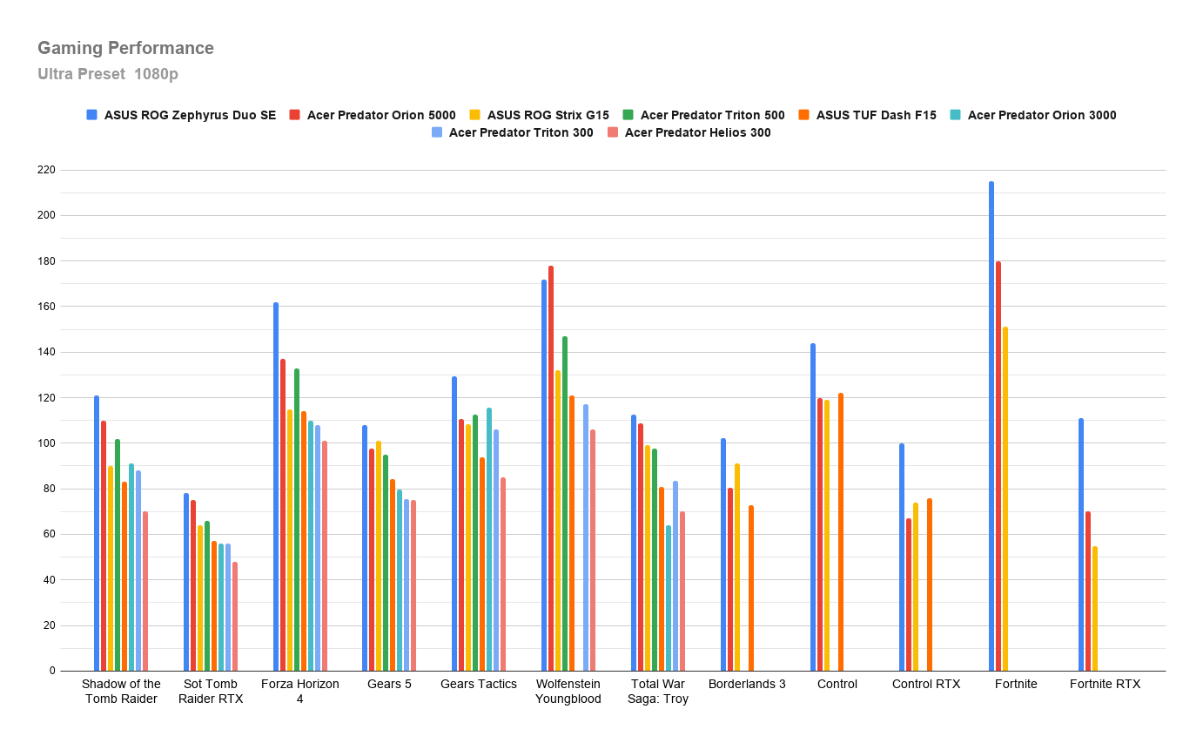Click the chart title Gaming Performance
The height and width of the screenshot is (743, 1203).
(x=125, y=48)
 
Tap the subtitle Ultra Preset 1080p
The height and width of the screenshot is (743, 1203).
(x=108, y=73)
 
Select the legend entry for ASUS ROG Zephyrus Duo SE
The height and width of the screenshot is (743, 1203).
(x=182, y=115)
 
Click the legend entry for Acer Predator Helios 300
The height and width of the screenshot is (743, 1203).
(x=689, y=132)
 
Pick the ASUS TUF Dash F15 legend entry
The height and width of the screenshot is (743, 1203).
(x=867, y=115)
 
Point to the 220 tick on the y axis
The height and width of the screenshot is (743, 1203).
(x=46, y=170)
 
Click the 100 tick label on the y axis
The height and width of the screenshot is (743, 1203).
(x=46, y=443)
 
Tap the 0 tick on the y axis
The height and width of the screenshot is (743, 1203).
(x=52, y=671)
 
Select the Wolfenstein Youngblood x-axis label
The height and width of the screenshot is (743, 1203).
(x=568, y=692)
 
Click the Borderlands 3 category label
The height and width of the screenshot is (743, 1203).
(x=747, y=684)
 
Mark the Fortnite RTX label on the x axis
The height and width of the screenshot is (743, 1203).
(x=1105, y=684)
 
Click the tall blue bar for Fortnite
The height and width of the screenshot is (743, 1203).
(x=991, y=426)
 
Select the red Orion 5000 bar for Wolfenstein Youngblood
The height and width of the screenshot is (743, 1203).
(x=551, y=469)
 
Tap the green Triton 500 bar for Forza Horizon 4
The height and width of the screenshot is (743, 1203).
(x=297, y=519)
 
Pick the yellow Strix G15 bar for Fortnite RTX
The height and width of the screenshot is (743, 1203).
(x=1094, y=609)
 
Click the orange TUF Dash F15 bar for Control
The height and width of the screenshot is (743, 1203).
(x=841, y=532)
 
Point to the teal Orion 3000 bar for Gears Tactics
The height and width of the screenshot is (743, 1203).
(x=488, y=539)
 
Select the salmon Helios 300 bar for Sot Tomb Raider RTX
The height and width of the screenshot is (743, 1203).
(x=235, y=616)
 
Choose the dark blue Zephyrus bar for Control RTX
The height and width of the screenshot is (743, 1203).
(x=902, y=557)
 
